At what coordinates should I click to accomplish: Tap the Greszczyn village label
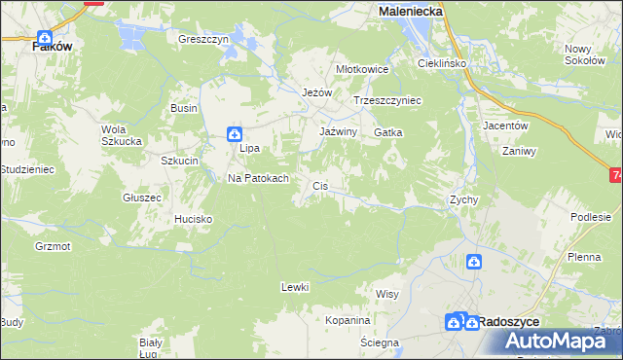coord(202,40)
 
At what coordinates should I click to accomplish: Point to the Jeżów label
coord(317,92)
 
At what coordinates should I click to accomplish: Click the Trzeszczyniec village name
coord(386,100)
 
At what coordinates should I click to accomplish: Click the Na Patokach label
coord(257,179)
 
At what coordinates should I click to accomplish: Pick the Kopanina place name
coord(348,320)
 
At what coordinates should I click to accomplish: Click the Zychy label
coord(462,199)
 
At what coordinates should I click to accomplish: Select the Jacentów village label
coord(505,126)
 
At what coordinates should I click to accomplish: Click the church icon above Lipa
coord(235,134)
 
